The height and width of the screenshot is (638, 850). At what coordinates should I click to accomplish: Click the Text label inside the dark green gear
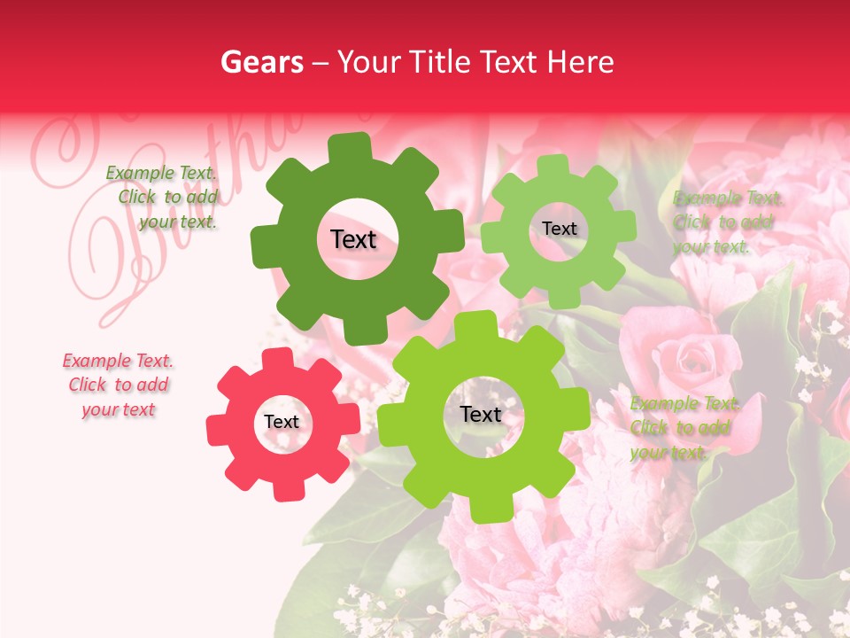pos(353,239)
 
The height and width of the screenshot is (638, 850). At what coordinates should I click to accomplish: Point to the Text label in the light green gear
pos(559,229)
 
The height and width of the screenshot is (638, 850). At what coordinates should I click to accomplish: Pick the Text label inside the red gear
pos(282,423)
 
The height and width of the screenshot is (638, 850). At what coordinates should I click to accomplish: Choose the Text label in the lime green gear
pos(481,415)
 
